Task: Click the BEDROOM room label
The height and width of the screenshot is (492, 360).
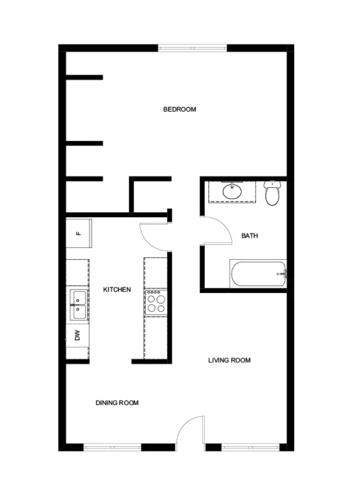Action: [x=180, y=109]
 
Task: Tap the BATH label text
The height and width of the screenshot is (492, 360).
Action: [x=250, y=236]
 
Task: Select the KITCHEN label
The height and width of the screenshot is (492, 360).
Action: [x=117, y=289]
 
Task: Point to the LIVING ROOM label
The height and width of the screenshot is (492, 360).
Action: [x=229, y=360]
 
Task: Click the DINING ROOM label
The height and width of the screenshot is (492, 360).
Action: [x=117, y=403]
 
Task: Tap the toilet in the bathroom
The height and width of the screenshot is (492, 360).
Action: [x=272, y=193]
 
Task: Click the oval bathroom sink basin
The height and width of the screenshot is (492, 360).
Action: [x=232, y=191]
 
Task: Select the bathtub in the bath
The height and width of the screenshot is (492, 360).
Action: [x=258, y=273]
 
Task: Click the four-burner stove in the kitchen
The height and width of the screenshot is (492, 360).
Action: [x=156, y=302]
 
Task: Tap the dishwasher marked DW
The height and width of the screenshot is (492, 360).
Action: [x=77, y=335]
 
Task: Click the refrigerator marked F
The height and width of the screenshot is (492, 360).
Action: [x=79, y=234]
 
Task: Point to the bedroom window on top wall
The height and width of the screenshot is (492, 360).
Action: [x=192, y=48]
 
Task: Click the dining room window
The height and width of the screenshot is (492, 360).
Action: [x=112, y=447]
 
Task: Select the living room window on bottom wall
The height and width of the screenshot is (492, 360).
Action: [x=250, y=447]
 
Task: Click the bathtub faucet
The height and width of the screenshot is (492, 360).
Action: [x=283, y=274]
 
